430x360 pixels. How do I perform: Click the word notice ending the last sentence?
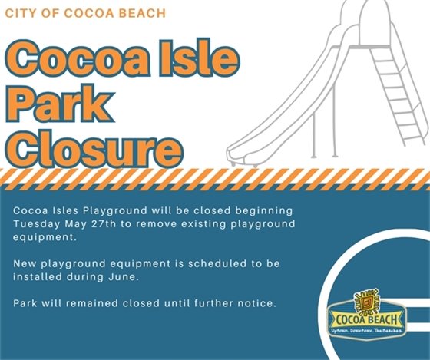256,304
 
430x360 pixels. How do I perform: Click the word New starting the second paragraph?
24,263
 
